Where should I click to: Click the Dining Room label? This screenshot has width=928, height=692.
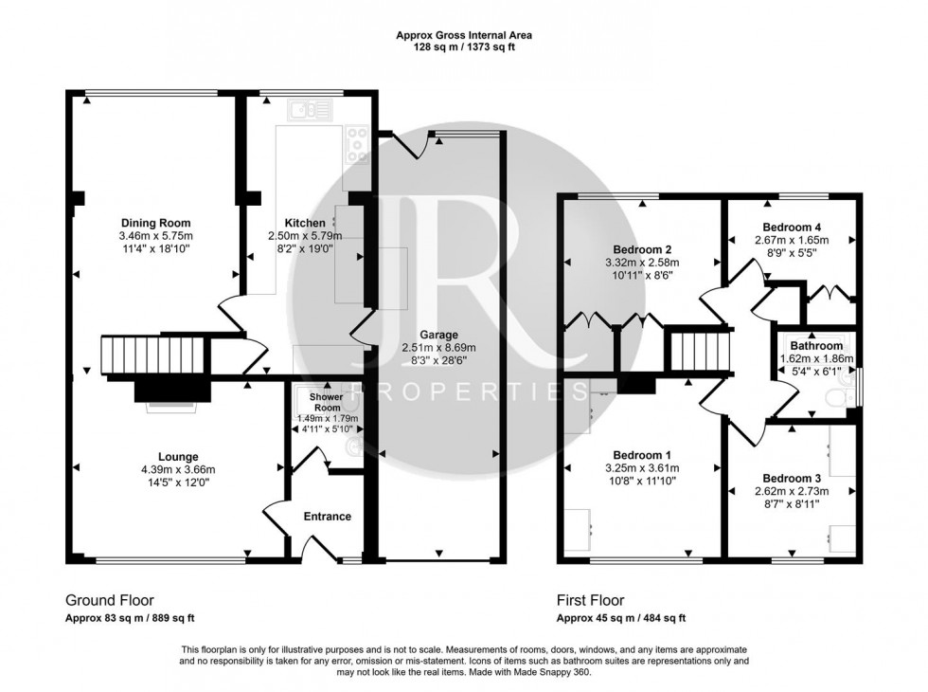(155, 223)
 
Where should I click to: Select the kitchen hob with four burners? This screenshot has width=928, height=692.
(358, 144)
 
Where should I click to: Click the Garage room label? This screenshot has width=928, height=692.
(440, 335)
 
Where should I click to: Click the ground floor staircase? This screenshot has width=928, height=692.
(152, 356)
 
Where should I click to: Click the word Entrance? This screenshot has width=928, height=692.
(327, 517)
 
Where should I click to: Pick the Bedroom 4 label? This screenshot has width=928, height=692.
(792, 228)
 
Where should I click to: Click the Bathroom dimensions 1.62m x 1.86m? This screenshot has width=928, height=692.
(816, 359)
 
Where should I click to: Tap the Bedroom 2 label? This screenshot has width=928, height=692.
(643, 249)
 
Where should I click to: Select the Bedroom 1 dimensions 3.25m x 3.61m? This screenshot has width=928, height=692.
(642, 468)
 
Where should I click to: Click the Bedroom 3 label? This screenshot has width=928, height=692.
(792, 478)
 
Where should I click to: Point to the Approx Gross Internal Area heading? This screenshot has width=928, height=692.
(463, 35)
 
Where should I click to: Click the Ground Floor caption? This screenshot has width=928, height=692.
(109, 600)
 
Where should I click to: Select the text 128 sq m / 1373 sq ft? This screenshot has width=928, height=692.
(463, 47)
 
